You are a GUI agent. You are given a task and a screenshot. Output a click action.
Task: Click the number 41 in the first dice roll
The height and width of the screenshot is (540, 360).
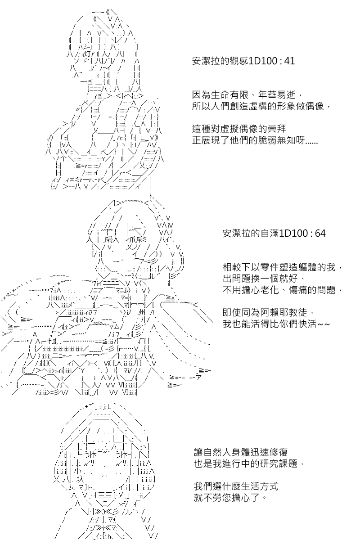coord(289,61)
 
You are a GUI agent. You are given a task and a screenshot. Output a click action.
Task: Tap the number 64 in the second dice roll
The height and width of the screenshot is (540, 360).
coord(319,234)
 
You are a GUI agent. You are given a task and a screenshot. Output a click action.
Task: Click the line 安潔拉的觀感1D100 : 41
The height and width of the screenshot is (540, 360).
coord(243,61)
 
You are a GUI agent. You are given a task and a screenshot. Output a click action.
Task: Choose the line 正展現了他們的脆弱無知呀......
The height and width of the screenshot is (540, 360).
coord(255,140)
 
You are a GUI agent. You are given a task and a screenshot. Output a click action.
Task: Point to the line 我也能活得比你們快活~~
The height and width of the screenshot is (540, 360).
coord(277,324)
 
